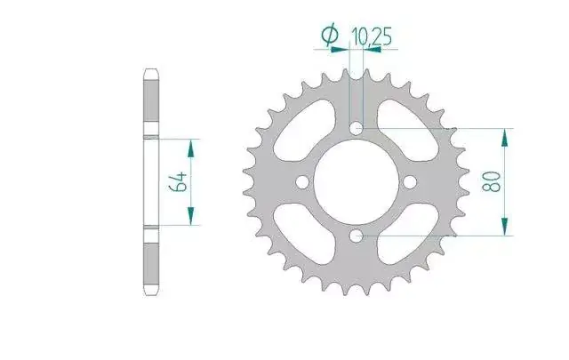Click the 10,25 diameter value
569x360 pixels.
(x=372, y=37)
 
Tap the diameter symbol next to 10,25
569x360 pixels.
(x=330, y=35)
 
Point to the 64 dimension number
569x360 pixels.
(x=178, y=182)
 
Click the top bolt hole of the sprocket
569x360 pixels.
(x=357, y=128)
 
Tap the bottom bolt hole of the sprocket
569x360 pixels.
(x=357, y=236)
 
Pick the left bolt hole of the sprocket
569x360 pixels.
(x=302, y=182)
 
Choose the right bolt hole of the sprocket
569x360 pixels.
(x=410, y=182)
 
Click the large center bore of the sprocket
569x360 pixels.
(x=357, y=182)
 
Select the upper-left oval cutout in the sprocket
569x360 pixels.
(x=304, y=130)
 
